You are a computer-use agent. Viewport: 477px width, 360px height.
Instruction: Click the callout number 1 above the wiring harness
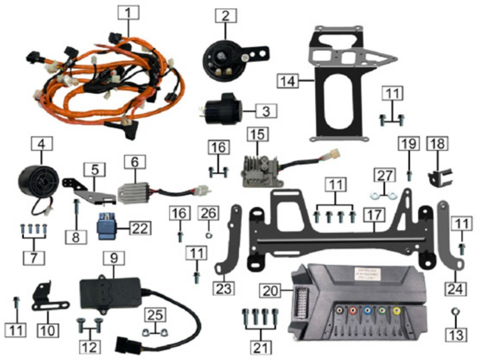(128, 13)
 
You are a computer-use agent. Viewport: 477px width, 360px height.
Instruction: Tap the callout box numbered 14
(288, 81)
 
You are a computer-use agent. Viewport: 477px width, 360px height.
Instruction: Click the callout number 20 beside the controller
(270, 291)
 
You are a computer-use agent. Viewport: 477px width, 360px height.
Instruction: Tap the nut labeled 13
(455, 312)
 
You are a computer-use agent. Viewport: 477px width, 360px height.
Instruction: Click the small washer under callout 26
(209, 236)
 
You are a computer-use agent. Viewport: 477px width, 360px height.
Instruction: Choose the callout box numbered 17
(375, 215)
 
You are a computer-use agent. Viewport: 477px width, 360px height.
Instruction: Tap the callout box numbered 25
(155, 315)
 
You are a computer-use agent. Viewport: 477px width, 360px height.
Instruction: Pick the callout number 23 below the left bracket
(223, 288)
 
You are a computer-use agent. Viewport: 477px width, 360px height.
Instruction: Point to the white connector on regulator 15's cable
(334, 154)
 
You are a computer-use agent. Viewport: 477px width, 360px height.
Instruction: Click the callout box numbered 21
(261, 348)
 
